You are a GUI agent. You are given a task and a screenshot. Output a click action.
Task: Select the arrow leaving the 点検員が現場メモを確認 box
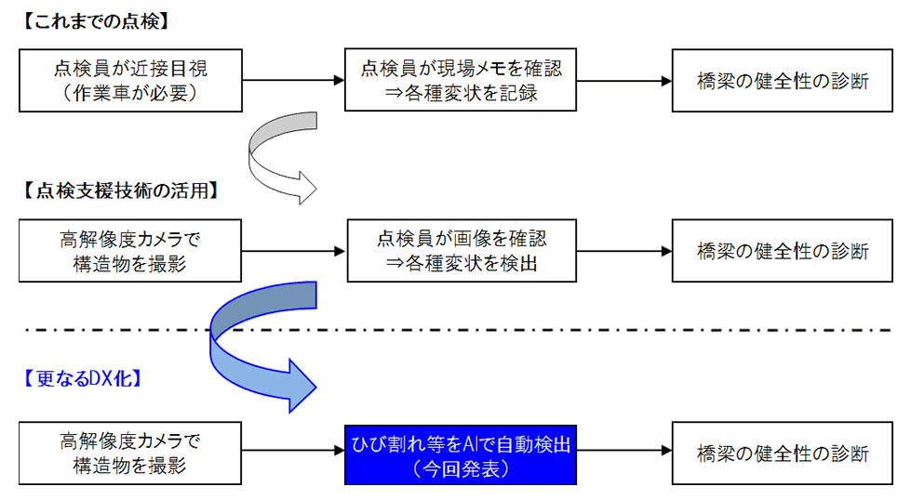pos(623,81)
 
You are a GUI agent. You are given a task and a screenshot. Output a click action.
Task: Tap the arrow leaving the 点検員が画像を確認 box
pos(623,251)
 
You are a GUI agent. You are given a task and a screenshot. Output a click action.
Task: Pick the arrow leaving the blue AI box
pos(623,453)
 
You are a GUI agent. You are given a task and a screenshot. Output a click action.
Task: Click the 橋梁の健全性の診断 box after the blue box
pos(783,453)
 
